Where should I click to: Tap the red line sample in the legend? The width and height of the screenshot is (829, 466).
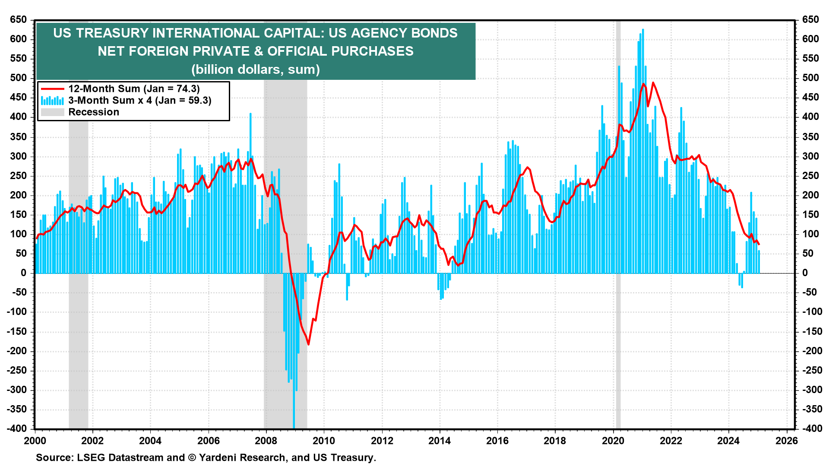click(52, 89)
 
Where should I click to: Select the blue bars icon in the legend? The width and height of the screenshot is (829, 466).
click(52, 101)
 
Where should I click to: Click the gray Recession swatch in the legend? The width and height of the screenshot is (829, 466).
click(52, 112)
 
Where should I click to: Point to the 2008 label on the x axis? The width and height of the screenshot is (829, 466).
click(266, 441)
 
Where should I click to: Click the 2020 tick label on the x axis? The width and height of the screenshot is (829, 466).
click(613, 441)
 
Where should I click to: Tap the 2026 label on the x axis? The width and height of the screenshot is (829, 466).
click(787, 441)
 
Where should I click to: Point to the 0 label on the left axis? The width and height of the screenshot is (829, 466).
click(24, 273)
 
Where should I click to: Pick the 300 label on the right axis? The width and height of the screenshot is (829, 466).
click(810, 156)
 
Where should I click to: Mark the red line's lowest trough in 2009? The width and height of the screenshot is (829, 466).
click(308, 344)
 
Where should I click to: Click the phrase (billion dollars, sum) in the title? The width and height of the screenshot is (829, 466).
click(256, 69)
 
